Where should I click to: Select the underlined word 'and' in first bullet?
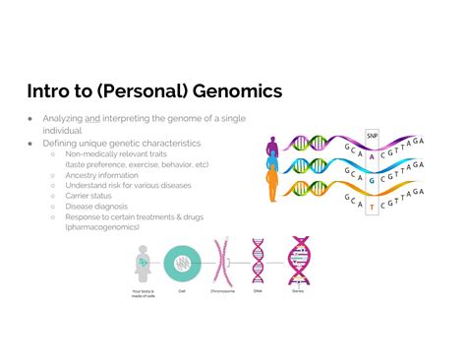[92, 118]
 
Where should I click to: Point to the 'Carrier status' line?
[91, 196]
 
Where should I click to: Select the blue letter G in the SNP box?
[371, 180]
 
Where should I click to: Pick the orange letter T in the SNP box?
[371, 207]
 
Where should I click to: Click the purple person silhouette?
[273, 149]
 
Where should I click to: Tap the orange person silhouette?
[273, 186]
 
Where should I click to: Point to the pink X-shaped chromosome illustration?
[220, 261]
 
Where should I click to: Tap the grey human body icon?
[143, 261]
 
